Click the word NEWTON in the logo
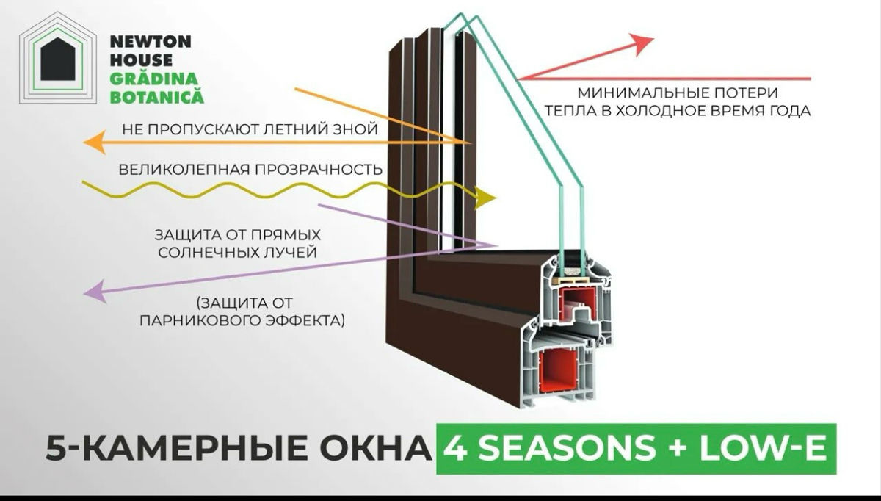(151, 42)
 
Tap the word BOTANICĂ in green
(157, 97)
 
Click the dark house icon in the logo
(58, 59)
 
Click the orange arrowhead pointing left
(95, 142)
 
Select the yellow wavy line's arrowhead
(487, 198)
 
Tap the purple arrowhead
(95, 292)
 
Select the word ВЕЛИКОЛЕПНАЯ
(184, 170)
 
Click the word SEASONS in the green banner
(567, 448)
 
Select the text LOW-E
(763, 448)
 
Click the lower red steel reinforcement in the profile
(558, 371)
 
